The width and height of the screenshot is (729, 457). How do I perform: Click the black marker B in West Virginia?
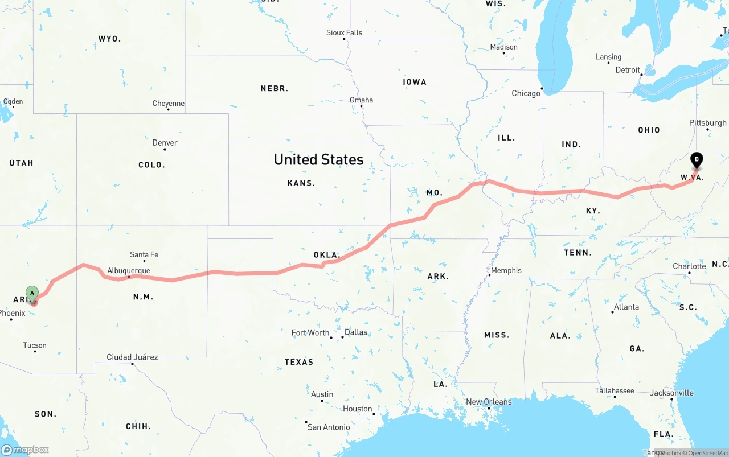[696, 160]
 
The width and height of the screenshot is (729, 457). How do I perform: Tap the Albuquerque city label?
[129, 270]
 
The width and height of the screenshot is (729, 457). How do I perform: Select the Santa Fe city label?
[144, 254]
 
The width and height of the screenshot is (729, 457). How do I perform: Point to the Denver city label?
[165, 142]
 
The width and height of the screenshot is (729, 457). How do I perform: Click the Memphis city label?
[506, 270]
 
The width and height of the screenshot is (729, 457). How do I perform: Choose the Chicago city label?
[526, 93]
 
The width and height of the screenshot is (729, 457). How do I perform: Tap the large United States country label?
[318, 159]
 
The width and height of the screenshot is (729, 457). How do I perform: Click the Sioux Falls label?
[344, 32]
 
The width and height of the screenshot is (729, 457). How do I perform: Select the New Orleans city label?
[489, 401]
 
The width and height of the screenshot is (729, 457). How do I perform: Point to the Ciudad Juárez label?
[132, 357]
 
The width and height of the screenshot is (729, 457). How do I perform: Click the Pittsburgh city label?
[707, 122]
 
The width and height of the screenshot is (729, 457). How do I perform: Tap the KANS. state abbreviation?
[301, 183]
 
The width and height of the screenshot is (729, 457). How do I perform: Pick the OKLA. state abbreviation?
[327, 254]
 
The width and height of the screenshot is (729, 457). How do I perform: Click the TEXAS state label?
[299, 361]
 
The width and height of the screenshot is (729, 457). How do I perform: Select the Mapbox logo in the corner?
[25, 450]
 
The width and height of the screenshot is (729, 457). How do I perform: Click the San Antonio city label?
[329, 427]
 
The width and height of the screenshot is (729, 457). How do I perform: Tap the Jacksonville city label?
[672, 393]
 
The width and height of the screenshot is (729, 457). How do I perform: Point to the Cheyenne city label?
[168, 103]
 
